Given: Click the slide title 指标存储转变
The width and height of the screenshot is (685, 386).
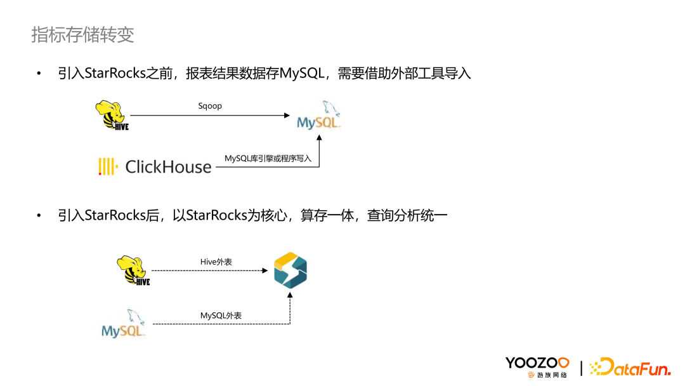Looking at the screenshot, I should coord(83,35).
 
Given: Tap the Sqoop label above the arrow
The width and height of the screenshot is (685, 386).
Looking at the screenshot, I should coord(210,106).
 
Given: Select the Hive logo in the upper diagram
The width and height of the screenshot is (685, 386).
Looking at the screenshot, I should coord(112,115).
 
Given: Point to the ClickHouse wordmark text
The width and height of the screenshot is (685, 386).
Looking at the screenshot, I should coord(168,167).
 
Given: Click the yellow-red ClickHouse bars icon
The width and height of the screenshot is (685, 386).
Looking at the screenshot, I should coord(108,166).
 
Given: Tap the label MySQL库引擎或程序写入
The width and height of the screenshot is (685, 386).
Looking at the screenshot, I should coord(268,158).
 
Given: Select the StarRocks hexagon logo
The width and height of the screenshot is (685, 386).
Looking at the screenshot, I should coord(290,270).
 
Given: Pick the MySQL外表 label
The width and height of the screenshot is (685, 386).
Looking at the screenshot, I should coord(221,316).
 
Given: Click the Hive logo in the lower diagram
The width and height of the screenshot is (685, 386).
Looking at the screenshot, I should coord(133,270).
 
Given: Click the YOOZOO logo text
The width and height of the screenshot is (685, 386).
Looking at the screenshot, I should coord(537,363).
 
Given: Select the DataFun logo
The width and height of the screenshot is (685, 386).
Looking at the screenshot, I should coord(622,366).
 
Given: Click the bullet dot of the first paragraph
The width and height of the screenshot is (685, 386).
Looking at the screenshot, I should coord(39,74).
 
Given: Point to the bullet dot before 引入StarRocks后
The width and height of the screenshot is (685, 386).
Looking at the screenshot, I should coord(39,216).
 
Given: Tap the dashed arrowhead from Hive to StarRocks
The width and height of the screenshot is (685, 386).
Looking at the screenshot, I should coord(264,270).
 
